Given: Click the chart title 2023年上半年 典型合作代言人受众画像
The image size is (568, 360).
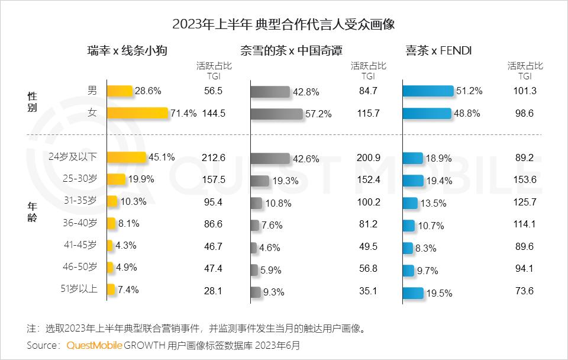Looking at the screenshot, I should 283,25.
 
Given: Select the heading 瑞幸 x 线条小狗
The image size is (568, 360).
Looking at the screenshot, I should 127,50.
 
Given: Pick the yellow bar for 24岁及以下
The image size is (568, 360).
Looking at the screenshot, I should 125,157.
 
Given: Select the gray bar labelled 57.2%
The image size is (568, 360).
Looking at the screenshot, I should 276,113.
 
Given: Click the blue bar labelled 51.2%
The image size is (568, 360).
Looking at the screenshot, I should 428,91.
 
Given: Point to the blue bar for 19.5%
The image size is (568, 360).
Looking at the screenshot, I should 412,292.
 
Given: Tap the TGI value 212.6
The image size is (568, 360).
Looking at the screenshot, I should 213,157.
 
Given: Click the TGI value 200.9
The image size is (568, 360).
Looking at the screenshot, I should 368,157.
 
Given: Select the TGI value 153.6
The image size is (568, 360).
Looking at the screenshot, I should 524,180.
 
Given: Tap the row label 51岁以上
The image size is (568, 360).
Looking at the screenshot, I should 80,290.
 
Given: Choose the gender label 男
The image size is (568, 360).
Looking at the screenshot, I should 92,90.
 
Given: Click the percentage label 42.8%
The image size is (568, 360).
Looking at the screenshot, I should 306,92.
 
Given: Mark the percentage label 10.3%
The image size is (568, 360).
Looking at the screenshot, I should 133,202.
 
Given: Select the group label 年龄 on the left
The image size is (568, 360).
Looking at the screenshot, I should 33,212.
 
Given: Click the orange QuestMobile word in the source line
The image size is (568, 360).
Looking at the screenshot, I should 93,345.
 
